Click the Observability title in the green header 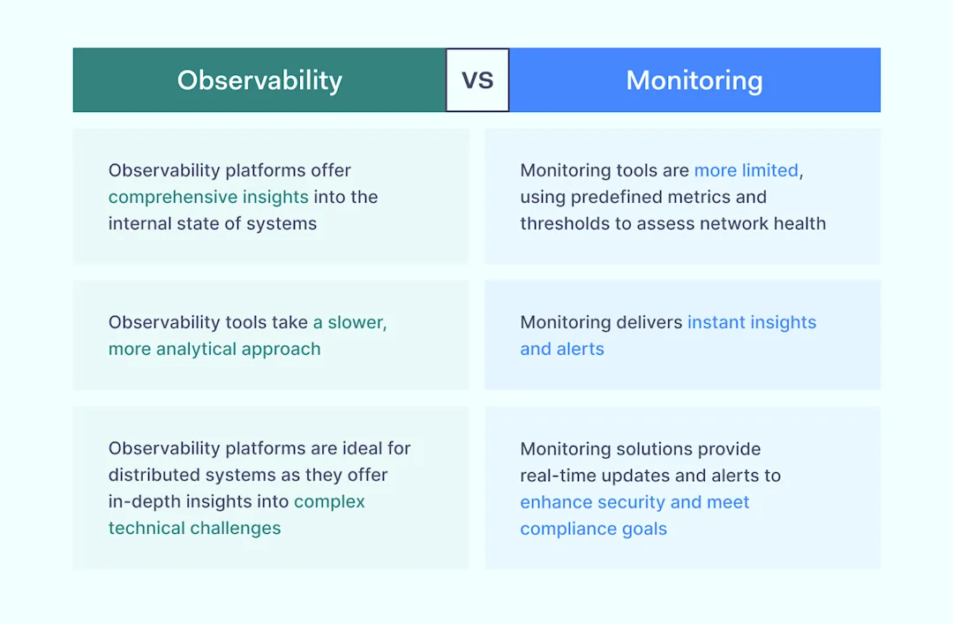pos(259,80)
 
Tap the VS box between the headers pos(477,80)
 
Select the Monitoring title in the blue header pos(694,80)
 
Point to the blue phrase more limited pos(746,170)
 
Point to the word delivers pos(651,322)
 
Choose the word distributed pos(154,475)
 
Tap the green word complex pos(329,501)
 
